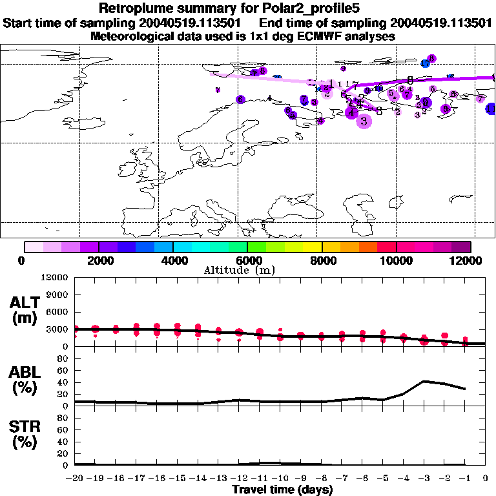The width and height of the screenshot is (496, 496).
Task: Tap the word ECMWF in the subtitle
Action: [322, 36]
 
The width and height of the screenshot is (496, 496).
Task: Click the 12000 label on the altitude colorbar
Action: [466, 260]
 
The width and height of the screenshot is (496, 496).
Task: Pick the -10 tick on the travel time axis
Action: [280, 479]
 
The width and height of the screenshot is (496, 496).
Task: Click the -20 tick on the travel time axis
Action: [75, 479]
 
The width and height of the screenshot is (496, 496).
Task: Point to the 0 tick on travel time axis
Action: [486, 479]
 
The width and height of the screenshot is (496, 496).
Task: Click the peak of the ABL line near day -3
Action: [424, 381]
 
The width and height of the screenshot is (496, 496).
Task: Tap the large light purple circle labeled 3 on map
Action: [364, 121]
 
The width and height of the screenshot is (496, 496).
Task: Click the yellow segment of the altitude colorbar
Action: [313, 247]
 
